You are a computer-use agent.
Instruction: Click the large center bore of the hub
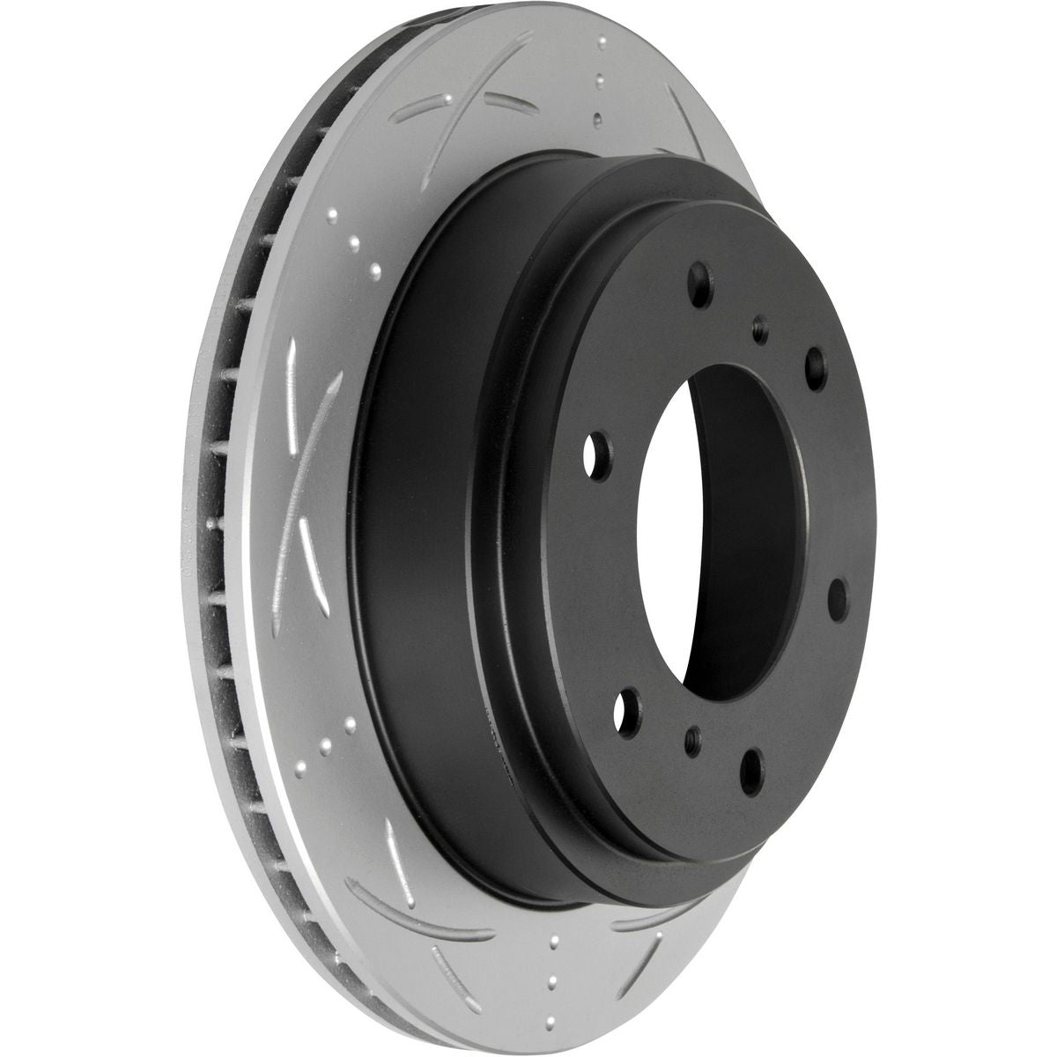705,528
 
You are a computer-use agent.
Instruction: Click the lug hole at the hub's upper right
816,361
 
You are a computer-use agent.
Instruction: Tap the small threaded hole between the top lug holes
759,331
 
